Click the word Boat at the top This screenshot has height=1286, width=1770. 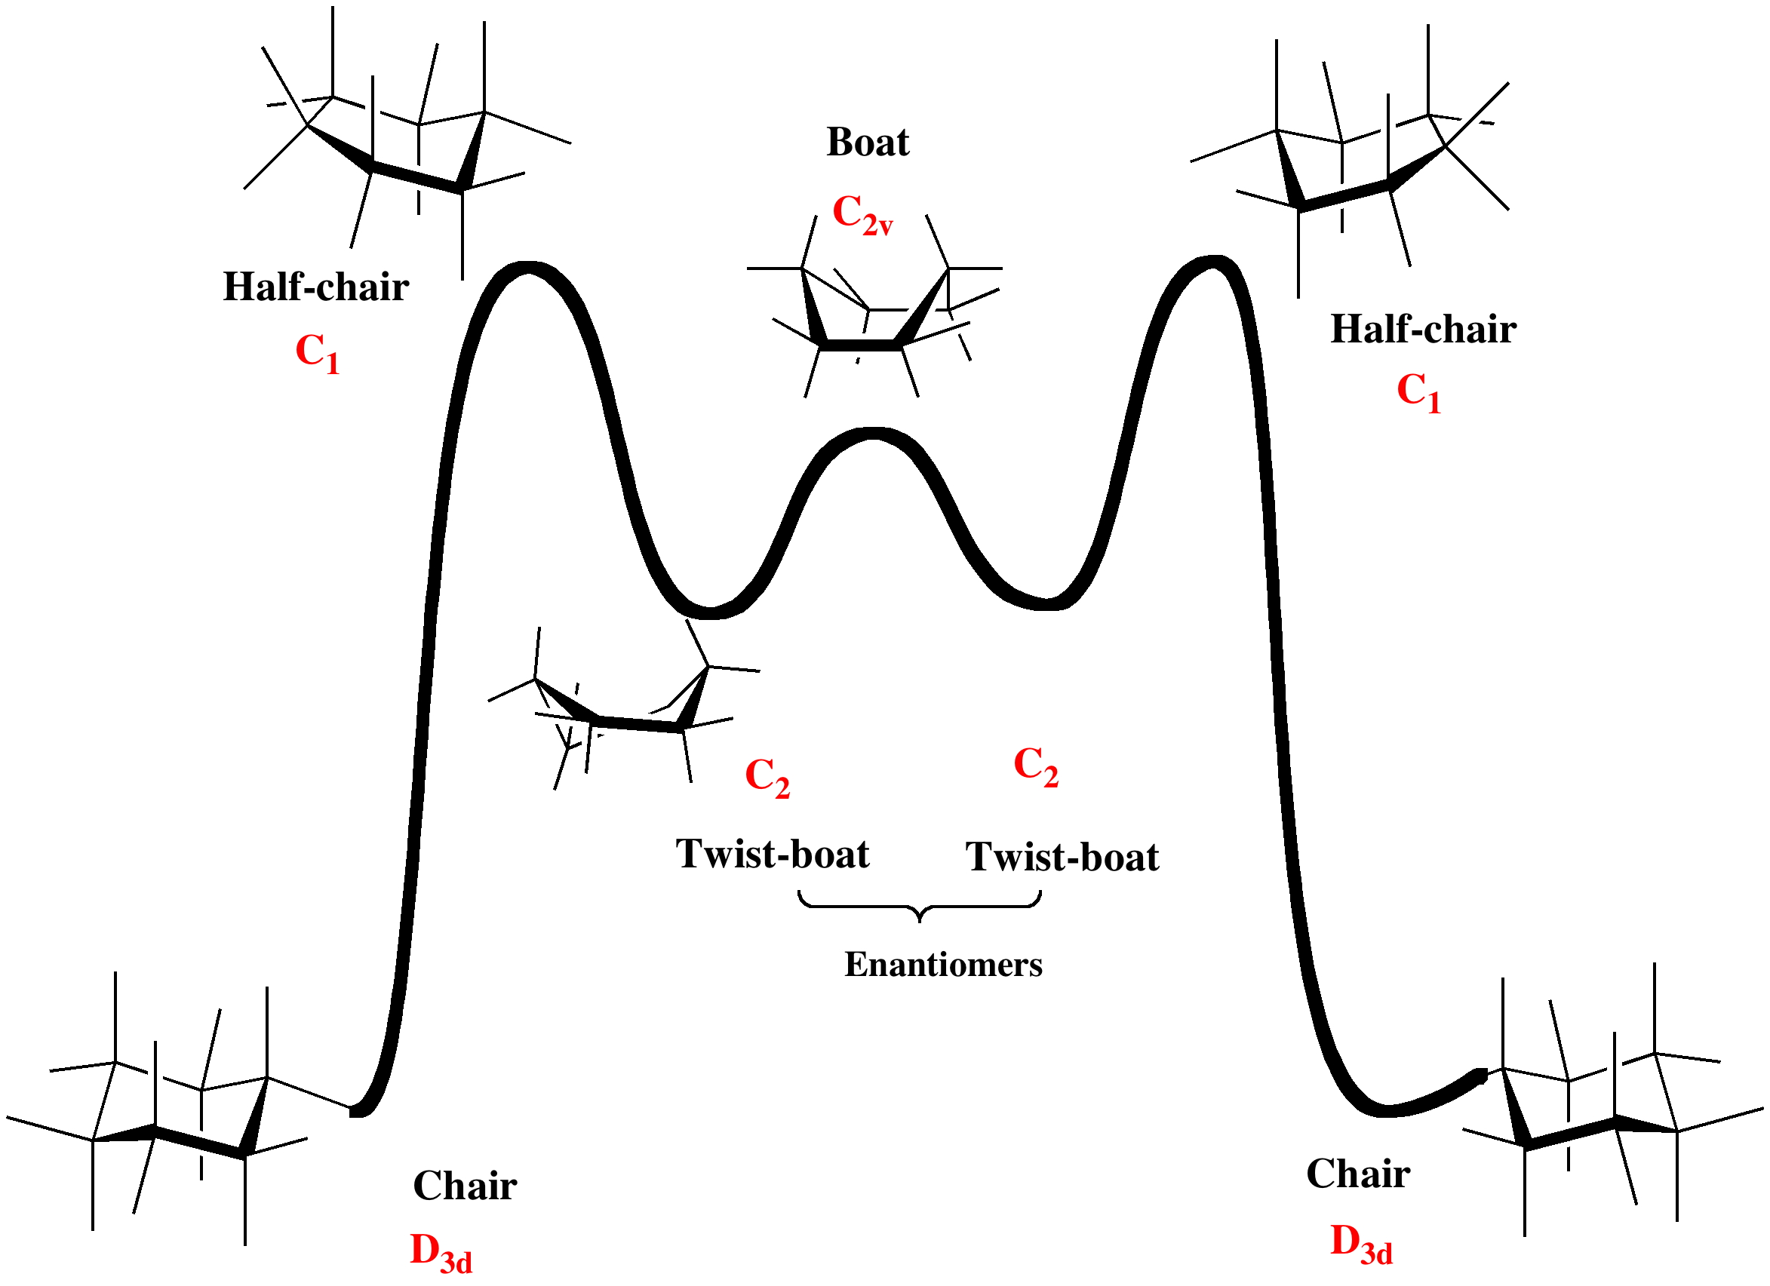(x=867, y=143)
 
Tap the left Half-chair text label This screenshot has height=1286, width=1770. (x=316, y=287)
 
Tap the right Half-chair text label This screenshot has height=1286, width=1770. (x=1423, y=330)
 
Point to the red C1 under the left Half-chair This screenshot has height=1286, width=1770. (x=317, y=353)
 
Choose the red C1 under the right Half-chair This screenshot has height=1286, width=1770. (x=1418, y=391)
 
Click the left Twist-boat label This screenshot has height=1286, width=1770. (x=772, y=854)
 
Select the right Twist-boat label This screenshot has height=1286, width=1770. (x=1062, y=857)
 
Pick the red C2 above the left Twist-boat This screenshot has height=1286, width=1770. (x=767, y=777)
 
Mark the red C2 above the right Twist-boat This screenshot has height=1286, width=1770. (x=1036, y=766)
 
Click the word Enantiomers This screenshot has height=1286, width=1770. (x=943, y=965)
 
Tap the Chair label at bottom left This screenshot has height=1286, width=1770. (x=464, y=1186)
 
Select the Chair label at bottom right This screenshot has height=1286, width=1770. (x=1358, y=1174)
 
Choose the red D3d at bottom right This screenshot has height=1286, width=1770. (x=1361, y=1244)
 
